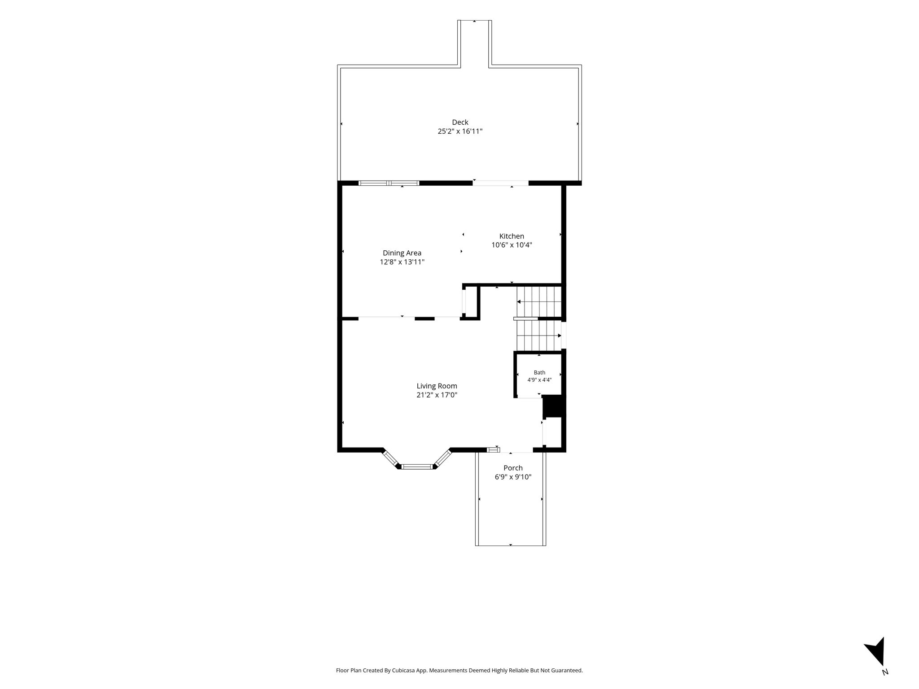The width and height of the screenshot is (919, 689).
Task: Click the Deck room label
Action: click(x=460, y=122)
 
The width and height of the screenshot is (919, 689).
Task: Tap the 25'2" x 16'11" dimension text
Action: click(x=460, y=131)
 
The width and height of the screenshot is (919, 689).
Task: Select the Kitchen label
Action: click(x=512, y=236)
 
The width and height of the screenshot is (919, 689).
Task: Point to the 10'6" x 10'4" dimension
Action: click(x=512, y=245)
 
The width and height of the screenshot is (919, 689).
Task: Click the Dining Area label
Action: click(x=402, y=253)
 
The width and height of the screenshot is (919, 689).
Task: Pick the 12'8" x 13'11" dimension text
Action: click(x=402, y=262)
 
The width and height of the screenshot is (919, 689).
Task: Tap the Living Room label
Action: click(x=437, y=386)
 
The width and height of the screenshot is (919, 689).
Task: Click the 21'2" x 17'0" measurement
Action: click(x=437, y=395)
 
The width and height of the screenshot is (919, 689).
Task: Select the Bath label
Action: click(x=539, y=372)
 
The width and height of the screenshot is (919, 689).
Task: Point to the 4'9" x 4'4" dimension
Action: click(x=539, y=380)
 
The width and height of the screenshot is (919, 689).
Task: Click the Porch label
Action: click(x=513, y=468)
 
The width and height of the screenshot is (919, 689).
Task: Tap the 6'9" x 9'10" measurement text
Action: click(x=513, y=477)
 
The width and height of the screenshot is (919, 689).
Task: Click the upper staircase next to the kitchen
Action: click(x=539, y=301)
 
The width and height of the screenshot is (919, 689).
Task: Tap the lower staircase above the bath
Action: click(x=539, y=336)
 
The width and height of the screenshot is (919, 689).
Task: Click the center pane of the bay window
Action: click(x=417, y=467)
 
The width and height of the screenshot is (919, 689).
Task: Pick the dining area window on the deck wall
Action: click(x=389, y=183)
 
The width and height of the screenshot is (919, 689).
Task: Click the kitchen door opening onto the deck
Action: click(x=500, y=183)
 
